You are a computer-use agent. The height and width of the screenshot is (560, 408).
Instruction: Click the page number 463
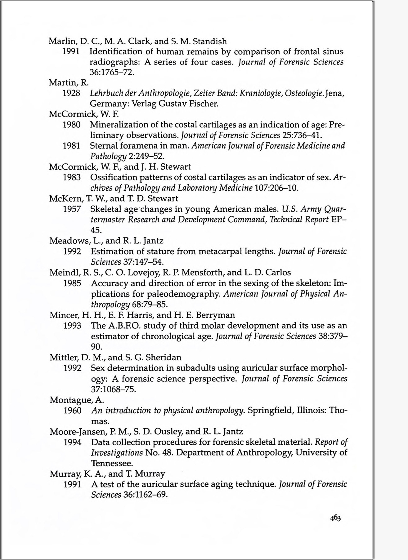point(335,518)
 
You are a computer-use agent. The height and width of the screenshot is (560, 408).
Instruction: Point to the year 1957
point(72,209)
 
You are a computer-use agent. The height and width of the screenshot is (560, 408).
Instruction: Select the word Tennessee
point(112,463)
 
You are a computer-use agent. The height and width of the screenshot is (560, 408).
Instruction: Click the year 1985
point(72,283)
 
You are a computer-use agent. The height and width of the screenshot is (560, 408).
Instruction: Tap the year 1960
point(72,411)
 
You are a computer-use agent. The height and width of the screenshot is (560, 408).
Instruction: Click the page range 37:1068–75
point(114,389)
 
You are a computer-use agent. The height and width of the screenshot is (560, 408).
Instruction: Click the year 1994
point(72,442)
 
